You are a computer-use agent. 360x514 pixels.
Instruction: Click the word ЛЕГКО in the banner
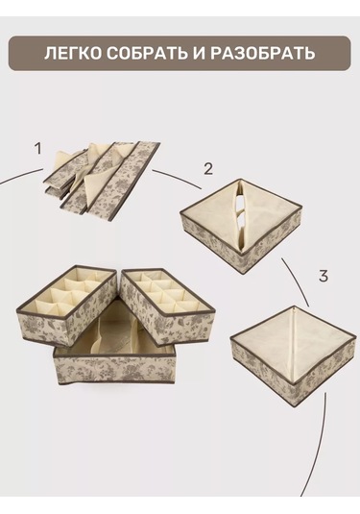click(73, 54)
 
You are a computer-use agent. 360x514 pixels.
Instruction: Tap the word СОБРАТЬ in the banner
click(147, 54)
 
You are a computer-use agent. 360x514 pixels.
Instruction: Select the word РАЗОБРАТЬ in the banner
click(262, 54)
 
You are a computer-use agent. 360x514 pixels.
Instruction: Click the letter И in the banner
click(198, 54)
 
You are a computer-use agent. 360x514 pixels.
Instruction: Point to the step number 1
click(38, 149)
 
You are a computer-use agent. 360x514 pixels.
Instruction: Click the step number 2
click(208, 169)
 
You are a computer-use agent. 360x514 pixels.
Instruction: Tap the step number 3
click(323, 276)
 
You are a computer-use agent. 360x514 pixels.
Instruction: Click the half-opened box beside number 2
click(241, 226)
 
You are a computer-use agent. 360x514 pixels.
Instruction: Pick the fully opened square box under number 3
click(293, 356)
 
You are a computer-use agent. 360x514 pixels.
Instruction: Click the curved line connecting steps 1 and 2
click(178, 178)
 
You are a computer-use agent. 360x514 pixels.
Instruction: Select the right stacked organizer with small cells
click(168, 306)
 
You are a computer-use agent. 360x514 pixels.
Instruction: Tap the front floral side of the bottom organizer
click(114, 370)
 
